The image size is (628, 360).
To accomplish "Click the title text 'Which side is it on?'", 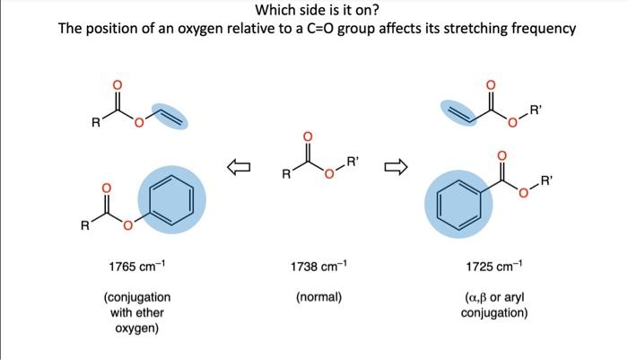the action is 313,10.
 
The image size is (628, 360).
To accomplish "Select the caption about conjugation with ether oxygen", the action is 136,312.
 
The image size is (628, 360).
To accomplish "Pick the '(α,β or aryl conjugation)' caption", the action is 493,304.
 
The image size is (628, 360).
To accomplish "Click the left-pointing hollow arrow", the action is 238,166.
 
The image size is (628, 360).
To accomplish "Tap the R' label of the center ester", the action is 353,162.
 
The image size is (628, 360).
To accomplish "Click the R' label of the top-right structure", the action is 536,110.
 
